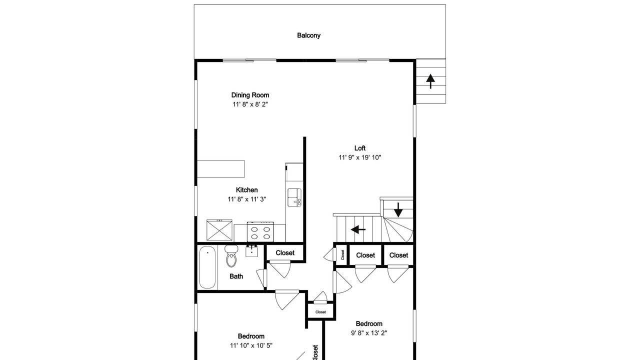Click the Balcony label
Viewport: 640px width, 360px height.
coord(308,35)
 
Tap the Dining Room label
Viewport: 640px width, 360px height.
coord(250,95)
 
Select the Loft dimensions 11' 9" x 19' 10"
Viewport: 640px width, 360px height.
coord(359,157)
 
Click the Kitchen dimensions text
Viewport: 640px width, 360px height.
coord(247,199)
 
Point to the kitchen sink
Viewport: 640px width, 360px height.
coord(294,197)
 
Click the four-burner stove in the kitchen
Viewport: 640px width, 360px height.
coord(260,231)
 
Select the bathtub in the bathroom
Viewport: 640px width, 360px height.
coord(207,267)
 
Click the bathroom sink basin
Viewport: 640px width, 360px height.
coord(251,251)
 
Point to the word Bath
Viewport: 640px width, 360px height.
coord(236,276)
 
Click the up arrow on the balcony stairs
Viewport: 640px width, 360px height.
coord(430,81)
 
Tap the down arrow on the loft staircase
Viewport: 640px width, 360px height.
coord(398,209)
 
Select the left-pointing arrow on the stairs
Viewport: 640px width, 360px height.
coord(358,229)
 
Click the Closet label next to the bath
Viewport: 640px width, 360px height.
coord(285,253)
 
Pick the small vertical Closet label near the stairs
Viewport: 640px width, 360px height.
coord(342,255)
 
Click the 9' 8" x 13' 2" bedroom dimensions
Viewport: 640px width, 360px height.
coord(369,333)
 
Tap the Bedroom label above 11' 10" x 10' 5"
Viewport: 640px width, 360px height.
coord(251,336)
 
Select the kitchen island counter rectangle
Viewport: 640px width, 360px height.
coord(221,169)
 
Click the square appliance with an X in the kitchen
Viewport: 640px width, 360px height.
coord(219,230)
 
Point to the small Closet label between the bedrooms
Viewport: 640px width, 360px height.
coord(320,312)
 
